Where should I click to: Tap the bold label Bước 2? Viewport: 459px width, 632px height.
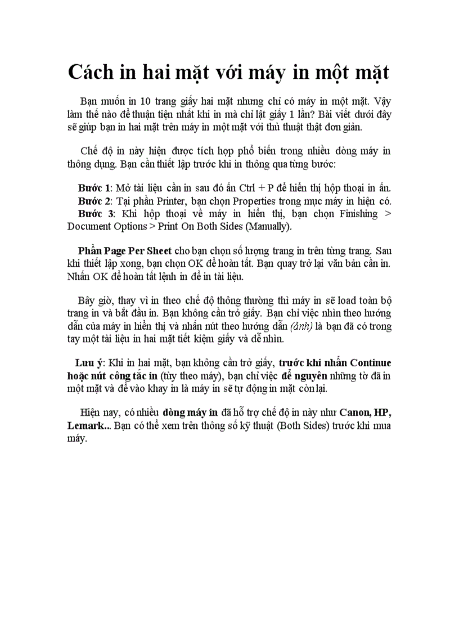pyautogui.click(x=94, y=201)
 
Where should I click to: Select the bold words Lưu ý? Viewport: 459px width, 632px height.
pyautogui.click(x=89, y=363)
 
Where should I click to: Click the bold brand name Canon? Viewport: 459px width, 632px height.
pyautogui.click(x=355, y=412)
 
